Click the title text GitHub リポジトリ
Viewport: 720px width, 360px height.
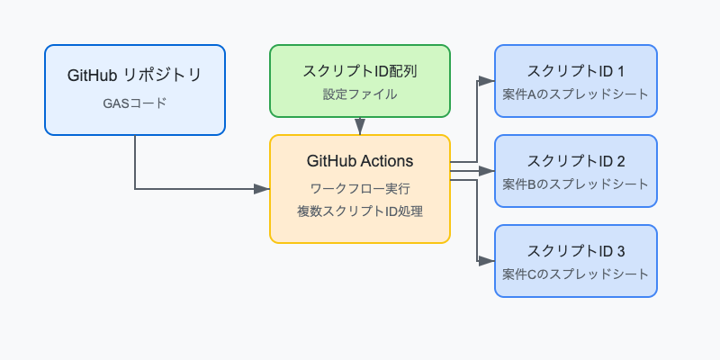(x=135, y=76)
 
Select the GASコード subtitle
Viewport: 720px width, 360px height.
(x=135, y=103)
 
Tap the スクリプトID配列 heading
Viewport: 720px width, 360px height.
(x=360, y=70)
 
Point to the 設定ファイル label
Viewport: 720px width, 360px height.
(x=360, y=94)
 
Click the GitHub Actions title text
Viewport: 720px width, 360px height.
(x=360, y=162)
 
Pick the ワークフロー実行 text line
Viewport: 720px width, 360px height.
(x=360, y=189)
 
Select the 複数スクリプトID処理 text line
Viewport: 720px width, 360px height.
(x=360, y=212)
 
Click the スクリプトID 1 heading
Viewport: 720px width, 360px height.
(x=576, y=71)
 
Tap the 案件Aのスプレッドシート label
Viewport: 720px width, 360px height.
(x=576, y=94)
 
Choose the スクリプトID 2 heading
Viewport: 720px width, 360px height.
(x=576, y=161)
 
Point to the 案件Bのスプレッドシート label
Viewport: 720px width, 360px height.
(x=576, y=184)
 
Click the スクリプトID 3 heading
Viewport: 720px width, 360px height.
(x=576, y=251)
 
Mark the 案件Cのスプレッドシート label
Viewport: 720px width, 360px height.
(x=576, y=274)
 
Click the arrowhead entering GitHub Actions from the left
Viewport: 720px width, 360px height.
(x=262, y=189)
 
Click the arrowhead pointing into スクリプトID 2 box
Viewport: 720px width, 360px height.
(x=487, y=171)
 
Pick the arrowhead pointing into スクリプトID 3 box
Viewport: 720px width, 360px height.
(x=487, y=261)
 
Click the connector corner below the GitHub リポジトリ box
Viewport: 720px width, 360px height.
(x=135, y=189)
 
